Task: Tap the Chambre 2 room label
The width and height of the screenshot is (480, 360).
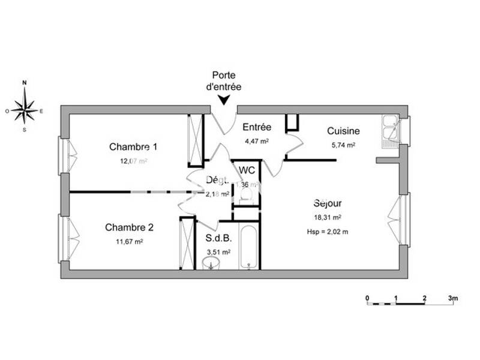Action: tap(130, 227)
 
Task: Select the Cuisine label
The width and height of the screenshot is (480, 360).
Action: tap(343, 131)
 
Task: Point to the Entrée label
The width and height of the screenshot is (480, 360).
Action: tap(257, 127)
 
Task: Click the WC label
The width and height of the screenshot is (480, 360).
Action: tap(247, 170)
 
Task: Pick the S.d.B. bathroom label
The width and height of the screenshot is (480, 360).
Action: tap(218, 238)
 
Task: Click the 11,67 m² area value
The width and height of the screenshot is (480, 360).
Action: tap(130, 242)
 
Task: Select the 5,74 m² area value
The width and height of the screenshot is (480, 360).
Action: tap(343, 145)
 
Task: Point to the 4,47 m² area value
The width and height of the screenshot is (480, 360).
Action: tap(256, 142)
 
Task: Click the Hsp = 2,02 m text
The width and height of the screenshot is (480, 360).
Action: tap(328, 231)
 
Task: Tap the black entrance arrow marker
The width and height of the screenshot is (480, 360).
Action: tap(224, 100)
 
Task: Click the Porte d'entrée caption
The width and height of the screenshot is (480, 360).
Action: tap(227, 81)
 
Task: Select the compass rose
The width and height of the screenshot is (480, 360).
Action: tap(25, 110)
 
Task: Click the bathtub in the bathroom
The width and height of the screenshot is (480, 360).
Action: tap(248, 247)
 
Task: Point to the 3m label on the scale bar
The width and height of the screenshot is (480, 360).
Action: tap(453, 298)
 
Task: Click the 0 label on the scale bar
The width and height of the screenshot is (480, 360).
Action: tap(367, 298)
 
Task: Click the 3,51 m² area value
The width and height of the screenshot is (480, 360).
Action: tap(218, 253)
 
